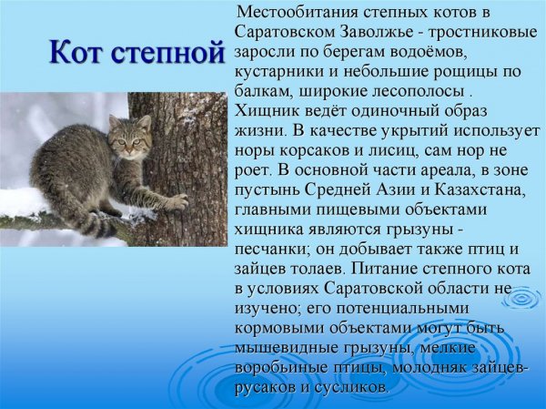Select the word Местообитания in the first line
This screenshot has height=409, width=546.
pyautogui.click(x=296, y=14)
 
